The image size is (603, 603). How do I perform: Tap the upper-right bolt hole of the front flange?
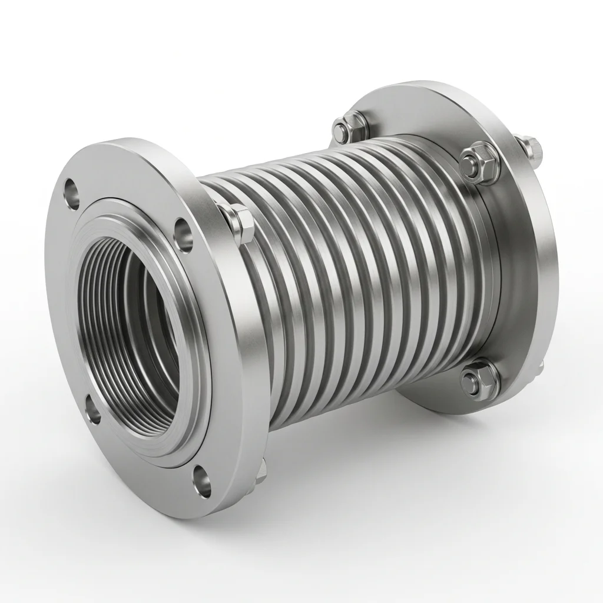point(183,234)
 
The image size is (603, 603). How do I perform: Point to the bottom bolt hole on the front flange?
point(202,479)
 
